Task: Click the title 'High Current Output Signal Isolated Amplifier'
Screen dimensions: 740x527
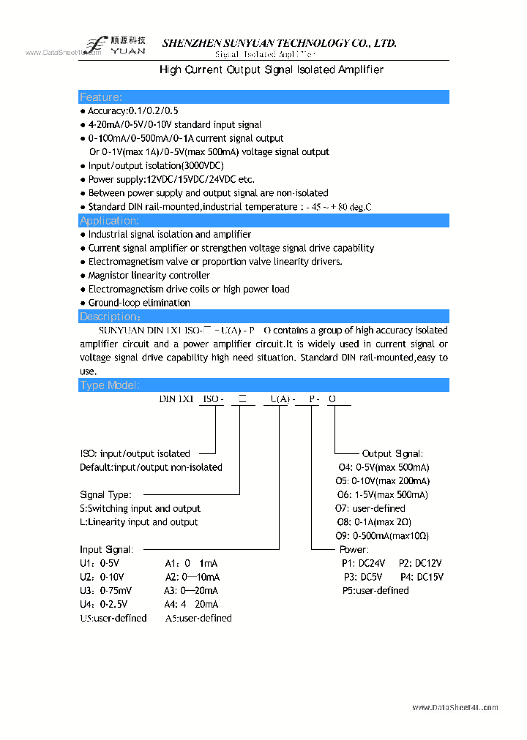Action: pyautogui.click(x=272, y=69)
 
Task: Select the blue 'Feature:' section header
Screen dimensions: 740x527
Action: pyautogui.click(x=263, y=97)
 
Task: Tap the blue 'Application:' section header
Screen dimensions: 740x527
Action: pyautogui.click(x=263, y=221)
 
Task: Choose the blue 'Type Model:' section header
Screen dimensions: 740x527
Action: pyautogui.click(x=263, y=385)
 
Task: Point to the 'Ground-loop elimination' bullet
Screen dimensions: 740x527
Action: pyautogui.click(x=138, y=303)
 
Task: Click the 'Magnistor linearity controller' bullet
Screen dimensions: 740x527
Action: pyautogui.click(x=149, y=276)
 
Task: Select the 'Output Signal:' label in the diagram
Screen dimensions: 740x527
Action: pyautogui.click(x=392, y=454)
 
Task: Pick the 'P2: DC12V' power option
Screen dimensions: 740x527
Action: pyautogui.click(x=420, y=563)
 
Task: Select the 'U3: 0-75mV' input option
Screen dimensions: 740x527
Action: pyautogui.click(x=106, y=591)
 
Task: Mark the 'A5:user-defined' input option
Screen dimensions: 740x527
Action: pyautogui.click(x=198, y=619)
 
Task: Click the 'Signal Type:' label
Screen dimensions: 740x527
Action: pyautogui.click(x=105, y=495)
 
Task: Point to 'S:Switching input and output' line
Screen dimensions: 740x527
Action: pyautogui.click(x=140, y=508)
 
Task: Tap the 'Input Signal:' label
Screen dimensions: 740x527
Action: pyautogui.click(x=106, y=549)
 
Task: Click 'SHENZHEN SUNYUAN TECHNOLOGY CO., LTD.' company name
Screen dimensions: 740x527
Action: pyautogui.click(x=279, y=43)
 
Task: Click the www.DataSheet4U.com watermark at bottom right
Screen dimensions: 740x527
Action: pyautogui.click(x=455, y=708)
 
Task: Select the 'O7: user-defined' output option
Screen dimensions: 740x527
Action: pyautogui.click(x=371, y=508)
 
